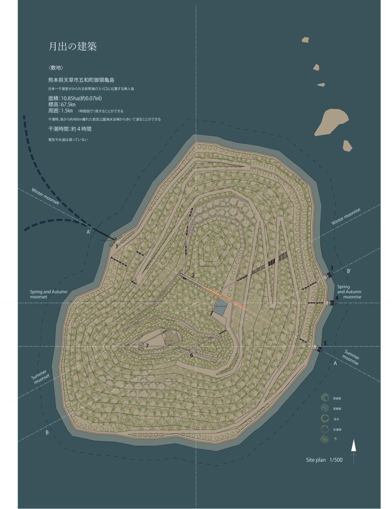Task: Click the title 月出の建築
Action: [73, 47]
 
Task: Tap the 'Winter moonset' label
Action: [45, 196]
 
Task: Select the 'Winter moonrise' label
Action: [346, 217]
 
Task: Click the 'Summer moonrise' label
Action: [351, 357]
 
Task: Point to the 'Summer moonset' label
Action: [40, 377]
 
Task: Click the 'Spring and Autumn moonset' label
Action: [49, 294]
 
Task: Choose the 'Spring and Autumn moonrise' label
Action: [349, 292]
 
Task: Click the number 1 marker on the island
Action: [117, 246]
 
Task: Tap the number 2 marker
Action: [193, 275]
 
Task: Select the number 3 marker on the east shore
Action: [331, 268]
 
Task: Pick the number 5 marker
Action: [325, 343]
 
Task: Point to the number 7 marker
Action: [147, 346]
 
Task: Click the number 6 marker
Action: [191, 355]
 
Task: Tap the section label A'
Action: [89, 232]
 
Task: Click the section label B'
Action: [349, 271]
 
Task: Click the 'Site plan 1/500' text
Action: [324, 460]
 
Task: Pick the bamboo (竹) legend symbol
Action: [324, 439]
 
